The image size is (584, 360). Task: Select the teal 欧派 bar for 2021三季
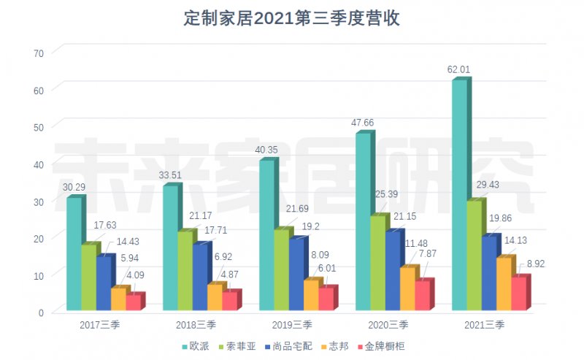(459, 197)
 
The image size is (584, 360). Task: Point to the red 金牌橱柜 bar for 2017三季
(133, 303)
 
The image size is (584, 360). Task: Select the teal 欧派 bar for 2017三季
(74, 256)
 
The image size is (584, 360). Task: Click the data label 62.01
(458, 70)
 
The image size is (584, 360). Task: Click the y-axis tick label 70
(39, 53)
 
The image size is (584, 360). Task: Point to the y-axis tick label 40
(39, 164)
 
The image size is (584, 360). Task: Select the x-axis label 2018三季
(196, 324)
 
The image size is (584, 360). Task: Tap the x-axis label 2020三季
(389, 324)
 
